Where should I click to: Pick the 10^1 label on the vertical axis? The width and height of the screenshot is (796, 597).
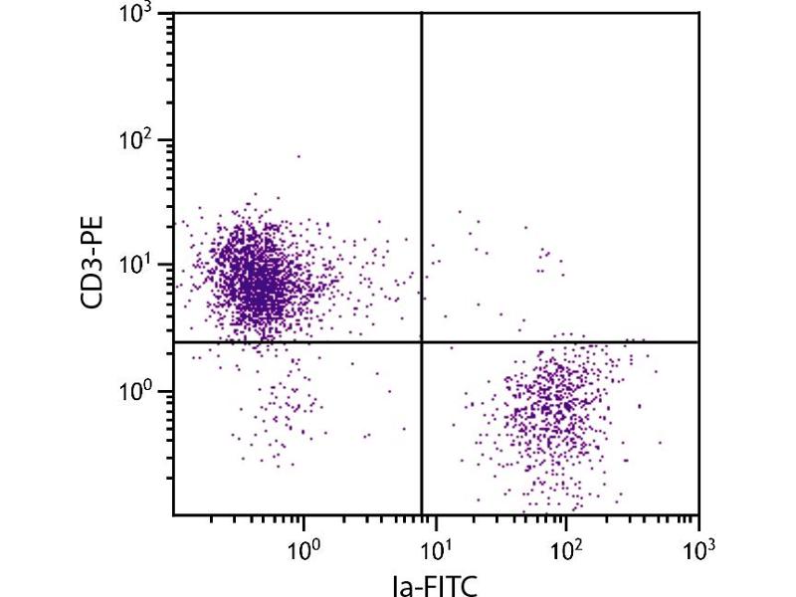tap(136, 265)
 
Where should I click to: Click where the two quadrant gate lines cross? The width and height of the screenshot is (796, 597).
tap(423, 342)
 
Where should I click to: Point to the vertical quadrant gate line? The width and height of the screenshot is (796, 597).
tap(423, 149)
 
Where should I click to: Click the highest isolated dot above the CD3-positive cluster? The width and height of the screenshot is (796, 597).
tap(298, 156)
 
